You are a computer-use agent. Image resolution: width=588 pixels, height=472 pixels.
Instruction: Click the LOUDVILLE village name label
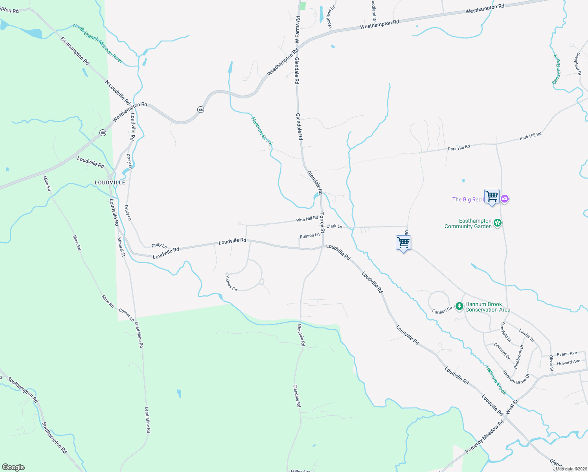pyautogui.click(x=110, y=183)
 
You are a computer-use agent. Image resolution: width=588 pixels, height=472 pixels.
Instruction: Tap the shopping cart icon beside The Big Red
pyautogui.click(x=492, y=196)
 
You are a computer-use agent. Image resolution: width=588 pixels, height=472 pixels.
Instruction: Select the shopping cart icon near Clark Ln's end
pyautogui.click(x=403, y=243)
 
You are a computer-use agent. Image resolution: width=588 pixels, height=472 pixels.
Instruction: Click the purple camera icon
pyautogui.click(x=505, y=199)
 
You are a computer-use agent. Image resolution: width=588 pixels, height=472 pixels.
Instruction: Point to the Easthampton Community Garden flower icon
pyautogui.click(x=498, y=223)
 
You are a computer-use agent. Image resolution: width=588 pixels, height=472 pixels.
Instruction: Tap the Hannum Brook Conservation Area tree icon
pyautogui.click(x=459, y=306)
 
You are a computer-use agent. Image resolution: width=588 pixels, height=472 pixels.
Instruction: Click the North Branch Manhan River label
pyautogui.click(x=98, y=44)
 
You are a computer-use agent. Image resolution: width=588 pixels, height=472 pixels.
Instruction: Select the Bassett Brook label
pyautogui.click(x=557, y=69)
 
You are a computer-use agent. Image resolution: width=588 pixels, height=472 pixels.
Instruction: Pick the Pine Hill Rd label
pyautogui.click(x=307, y=219)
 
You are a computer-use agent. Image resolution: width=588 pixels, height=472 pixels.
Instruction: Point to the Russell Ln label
pyautogui.click(x=310, y=236)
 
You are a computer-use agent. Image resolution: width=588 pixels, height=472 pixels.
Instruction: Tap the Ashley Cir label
pyautogui.click(x=232, y=284)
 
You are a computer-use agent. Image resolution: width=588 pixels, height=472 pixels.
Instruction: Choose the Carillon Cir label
pyautogui.click(x=443, y=311)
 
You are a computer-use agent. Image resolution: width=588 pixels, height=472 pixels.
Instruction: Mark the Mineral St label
pyautogui.click(x=121, y=247)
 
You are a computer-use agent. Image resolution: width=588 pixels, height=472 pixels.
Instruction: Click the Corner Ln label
pyautogui.click(x=127, y=315)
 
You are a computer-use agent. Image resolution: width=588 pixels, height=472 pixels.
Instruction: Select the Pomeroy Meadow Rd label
pyautogui.click(x=485, y=437)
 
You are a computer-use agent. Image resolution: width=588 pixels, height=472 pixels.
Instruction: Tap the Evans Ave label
pyautogui.click(x=567, y=354)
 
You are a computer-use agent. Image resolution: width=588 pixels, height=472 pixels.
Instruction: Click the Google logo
pyautogui.click(x=13, y=467)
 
